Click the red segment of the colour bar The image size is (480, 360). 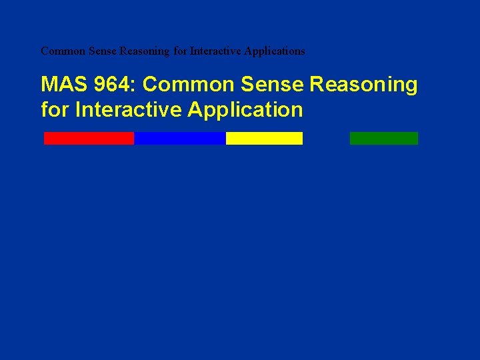coord(89,138)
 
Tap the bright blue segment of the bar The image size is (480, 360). coord(180,138)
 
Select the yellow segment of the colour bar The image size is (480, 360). coord(264,138)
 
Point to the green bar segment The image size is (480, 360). coord(383,138)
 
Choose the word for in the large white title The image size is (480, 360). coord(55,109)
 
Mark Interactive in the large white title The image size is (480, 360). coord(129,109)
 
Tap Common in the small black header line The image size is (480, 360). coord(61,51)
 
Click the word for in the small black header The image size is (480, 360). coord(179,51)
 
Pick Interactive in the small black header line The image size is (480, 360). coord(215,51)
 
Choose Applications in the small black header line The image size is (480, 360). coord(276,51)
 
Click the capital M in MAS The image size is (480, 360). coord(49,85)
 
